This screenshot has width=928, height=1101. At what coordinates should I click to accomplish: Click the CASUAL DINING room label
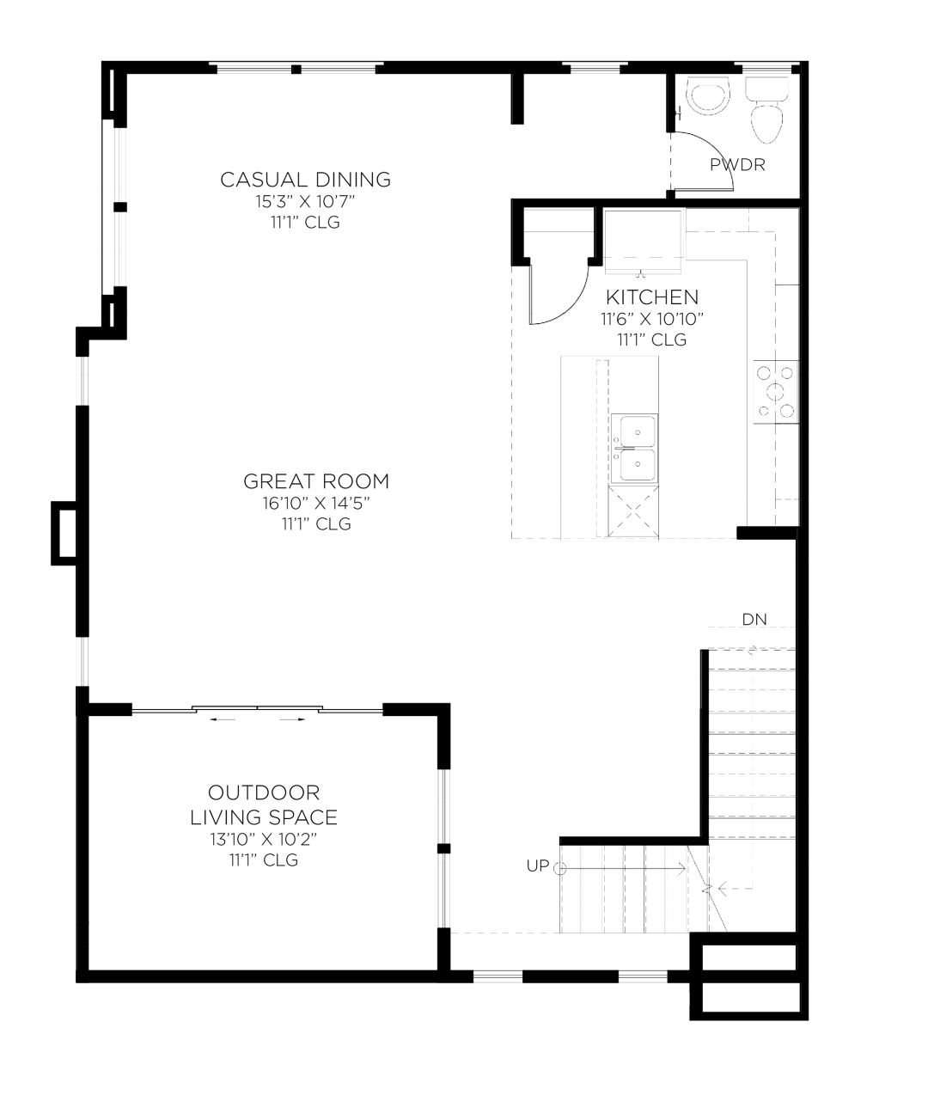305,180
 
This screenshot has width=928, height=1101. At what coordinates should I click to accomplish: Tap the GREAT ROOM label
316,481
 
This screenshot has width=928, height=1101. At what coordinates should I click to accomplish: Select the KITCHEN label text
652,297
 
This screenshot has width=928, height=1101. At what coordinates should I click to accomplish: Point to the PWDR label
737,165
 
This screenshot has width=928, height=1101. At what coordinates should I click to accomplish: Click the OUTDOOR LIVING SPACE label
264,804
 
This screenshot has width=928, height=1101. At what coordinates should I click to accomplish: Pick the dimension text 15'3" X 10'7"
305,201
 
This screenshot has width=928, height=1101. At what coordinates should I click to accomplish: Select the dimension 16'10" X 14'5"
316,503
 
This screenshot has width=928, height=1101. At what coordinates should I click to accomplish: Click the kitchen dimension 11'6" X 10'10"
652,319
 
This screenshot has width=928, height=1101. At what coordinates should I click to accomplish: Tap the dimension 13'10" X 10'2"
264,839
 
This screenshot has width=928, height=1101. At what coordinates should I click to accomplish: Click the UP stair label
538,866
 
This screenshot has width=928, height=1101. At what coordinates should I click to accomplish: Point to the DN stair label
754,620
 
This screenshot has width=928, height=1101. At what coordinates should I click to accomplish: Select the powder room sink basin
709,95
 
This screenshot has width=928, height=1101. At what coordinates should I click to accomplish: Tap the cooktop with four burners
776,392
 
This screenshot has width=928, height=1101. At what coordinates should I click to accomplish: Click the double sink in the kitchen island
634,448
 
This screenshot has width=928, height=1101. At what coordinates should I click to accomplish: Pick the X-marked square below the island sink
633,511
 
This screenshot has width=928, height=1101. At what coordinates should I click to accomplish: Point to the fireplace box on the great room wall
64,533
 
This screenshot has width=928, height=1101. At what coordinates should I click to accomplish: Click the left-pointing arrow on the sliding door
223,719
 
